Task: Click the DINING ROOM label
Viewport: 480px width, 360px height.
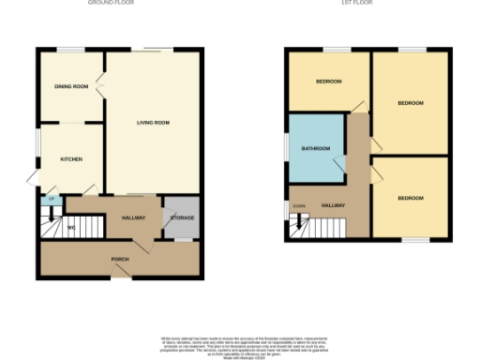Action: pos(71,86)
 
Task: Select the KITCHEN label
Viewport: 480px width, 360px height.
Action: pos(71,159)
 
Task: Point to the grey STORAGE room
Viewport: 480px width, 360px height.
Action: pos(181,217)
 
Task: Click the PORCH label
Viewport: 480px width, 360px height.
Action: pos(120,261)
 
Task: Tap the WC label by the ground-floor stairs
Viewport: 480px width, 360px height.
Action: pos(70,228)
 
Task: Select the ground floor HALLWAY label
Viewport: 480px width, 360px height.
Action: pos(134,217)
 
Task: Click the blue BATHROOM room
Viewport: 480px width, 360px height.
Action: pos(315,149)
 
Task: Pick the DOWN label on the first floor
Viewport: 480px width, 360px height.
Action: pos(299,205)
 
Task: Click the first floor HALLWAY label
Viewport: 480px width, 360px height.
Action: pos(333,205)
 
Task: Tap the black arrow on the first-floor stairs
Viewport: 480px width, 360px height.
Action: pos(299,223)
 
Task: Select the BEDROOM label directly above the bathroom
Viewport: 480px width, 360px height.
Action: pos(328,82)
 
